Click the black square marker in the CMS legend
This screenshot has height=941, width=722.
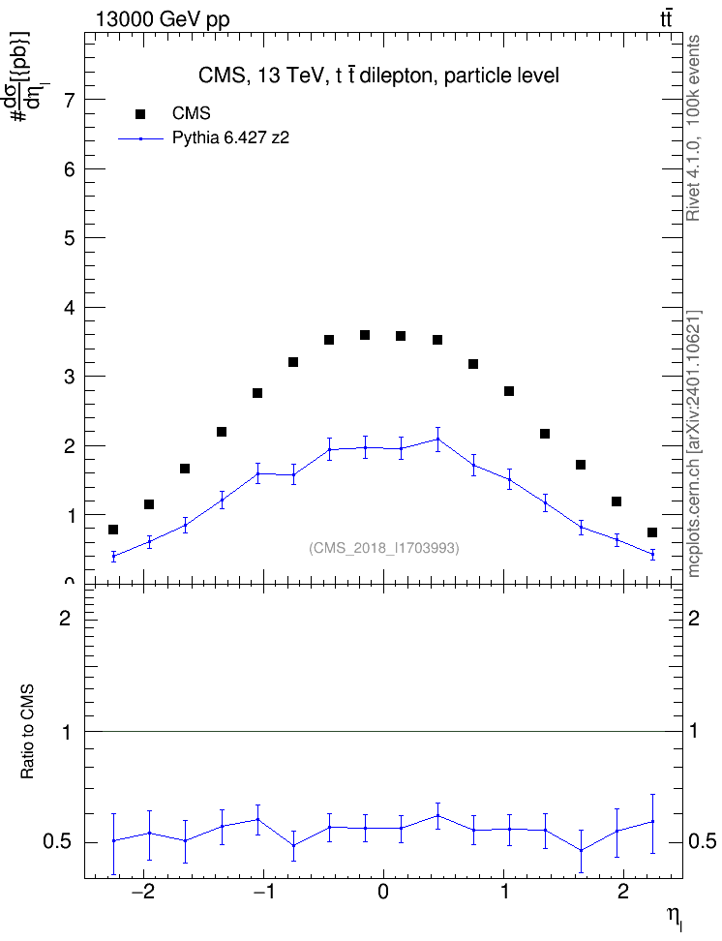point(140,113)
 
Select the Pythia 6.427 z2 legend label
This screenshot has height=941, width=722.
point(230,138)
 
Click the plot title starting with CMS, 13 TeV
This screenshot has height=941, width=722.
point(378,76)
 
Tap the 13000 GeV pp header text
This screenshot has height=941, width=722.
point(163,19)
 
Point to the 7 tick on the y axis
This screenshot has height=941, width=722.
point(70,100)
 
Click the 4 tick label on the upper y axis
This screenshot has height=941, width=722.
point(70,308)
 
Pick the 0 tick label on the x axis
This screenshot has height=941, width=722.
point(383,892)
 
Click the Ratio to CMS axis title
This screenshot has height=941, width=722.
point(27,732)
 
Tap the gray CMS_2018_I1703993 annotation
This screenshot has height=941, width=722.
point(384,548)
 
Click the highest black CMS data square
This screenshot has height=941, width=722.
point(365,335)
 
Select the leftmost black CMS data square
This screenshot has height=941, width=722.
point(113,530)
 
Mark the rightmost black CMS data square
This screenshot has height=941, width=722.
point(652,532)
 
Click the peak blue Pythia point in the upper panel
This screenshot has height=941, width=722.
point(437,439)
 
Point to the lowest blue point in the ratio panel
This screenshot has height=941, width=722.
point(581,850)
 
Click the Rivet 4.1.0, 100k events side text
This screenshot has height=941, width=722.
point(693,128)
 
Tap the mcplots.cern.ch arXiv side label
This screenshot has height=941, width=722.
point(693,444)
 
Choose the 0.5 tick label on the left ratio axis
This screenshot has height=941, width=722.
point(56,842)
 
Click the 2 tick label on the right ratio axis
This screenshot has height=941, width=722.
point(694,618)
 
